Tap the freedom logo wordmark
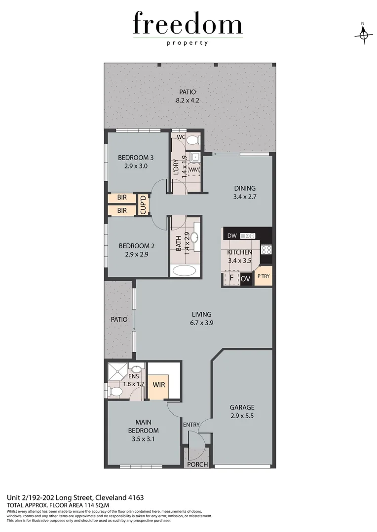pyautogui.click(x=188, y=25)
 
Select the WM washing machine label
pyautogui.click(x=193, y=170)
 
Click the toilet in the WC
pyautogui.click(x=193, y=140)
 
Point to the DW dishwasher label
pyautogui.click(x=231, y=235)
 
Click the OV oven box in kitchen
pyautogui.click(x=246, y=279)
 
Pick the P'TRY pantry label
pyautogui.click(x=264, y=276)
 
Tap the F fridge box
pyautogui.click(x=231, y=279)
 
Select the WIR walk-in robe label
pyautogui.click(x=158, y=384)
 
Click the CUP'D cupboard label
pyautogui.click(x=143, y=205)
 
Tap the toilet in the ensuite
pyautogui.click(x=116, y=392)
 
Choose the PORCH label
pyautogui.click(x=196, y=465)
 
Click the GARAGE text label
pyautogui.click(x=242, y=407)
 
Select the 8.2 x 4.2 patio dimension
pyautogui.click(x=188, y=100)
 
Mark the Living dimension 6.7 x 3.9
pyautogui.click(x=202, y=323)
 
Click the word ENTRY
pyautogui.click(x=191, y=425)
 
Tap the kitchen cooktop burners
pyautogui.click(x=266, y=249)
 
